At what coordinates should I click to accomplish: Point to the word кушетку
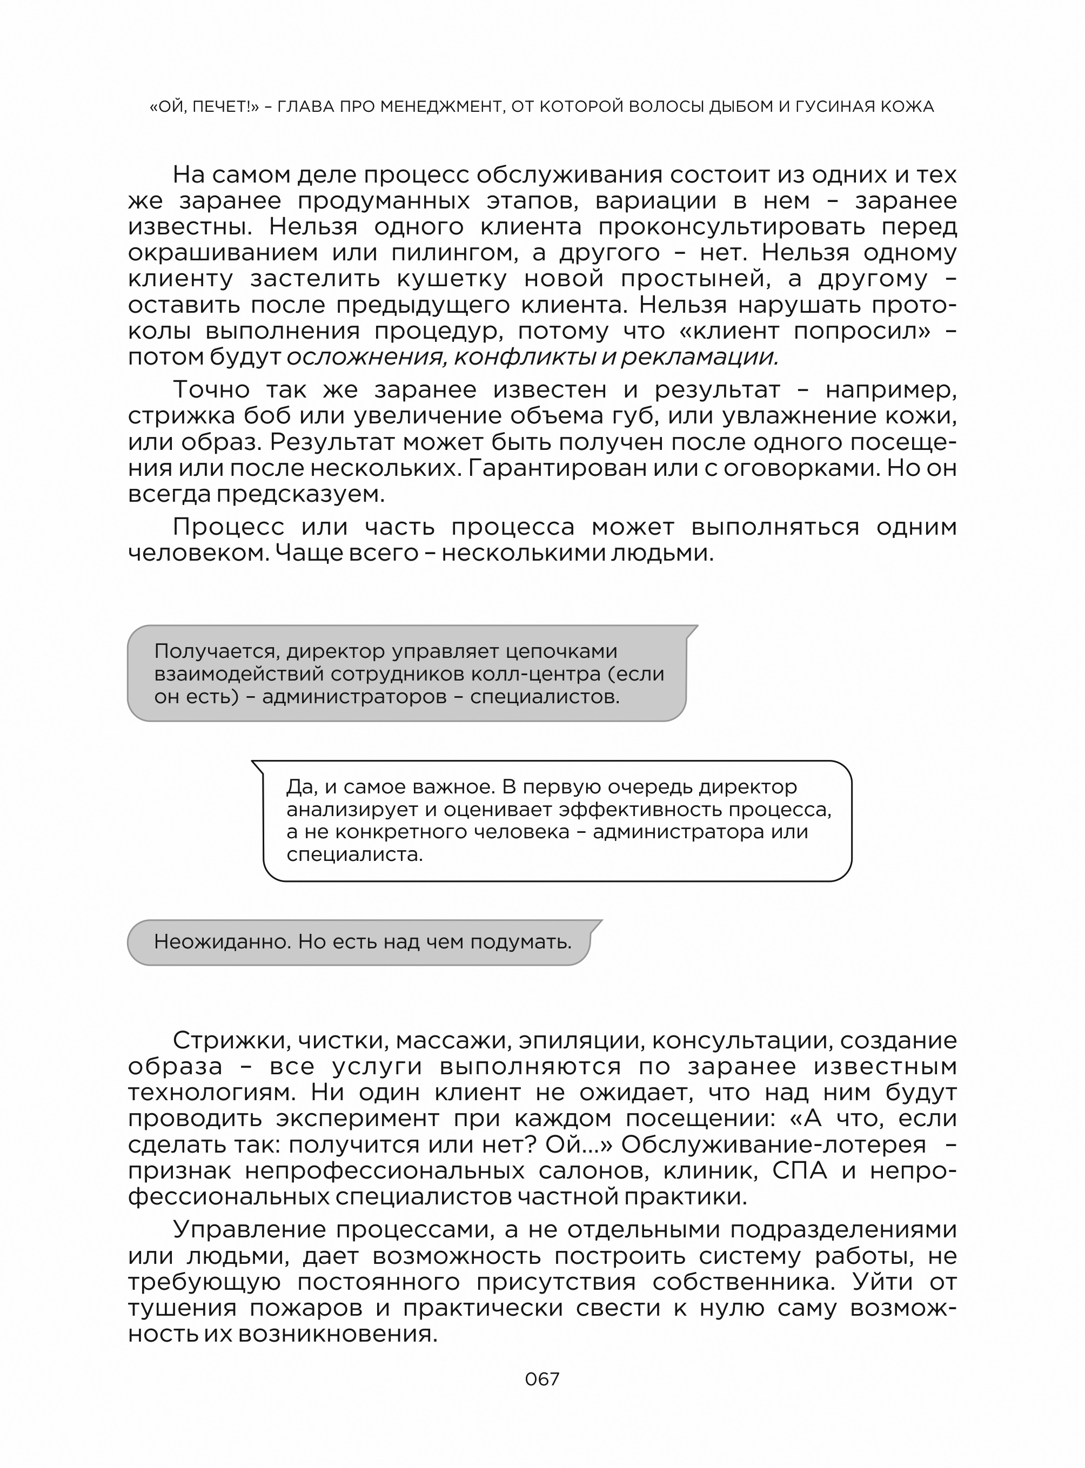click(452, 279)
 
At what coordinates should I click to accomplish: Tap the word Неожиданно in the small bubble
click(222, 942)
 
